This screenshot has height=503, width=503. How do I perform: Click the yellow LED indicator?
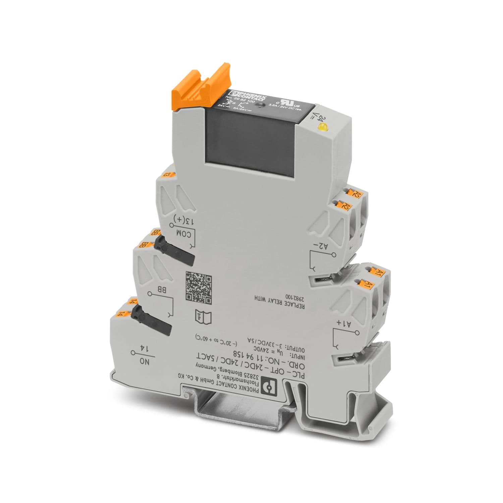click(323, 127)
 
